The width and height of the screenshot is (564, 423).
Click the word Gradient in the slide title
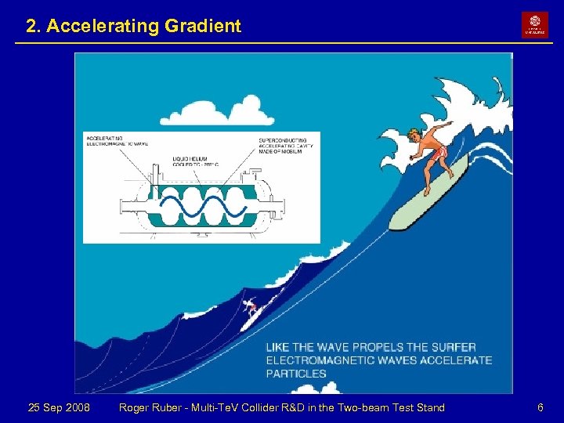coord(202,26)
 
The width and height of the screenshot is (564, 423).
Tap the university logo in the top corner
coord(535,24)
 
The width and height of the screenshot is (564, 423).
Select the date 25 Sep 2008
coord(59,407)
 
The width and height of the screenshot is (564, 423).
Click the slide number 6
coord(540,407)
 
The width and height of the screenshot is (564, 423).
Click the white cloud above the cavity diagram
coord(238,109)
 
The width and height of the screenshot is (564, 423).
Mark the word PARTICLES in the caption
coord(296,374)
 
